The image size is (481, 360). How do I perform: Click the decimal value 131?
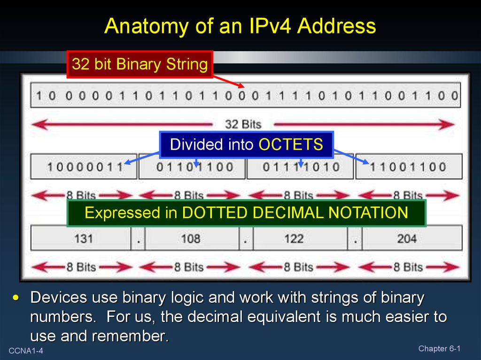coord(84,238)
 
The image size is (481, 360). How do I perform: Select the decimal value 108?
coord(191,238)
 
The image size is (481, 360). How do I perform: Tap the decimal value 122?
coord(294,238)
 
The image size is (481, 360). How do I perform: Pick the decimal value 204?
coord(407,238)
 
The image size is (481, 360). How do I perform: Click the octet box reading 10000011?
coord(84,167)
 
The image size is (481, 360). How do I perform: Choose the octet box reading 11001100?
coord(409,167)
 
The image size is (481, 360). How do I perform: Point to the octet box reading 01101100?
coord(192,167)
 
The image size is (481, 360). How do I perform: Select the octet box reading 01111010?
coord(300,167)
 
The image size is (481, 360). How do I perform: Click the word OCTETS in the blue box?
coord(291,145)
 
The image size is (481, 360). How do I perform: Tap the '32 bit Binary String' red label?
coord(140,64)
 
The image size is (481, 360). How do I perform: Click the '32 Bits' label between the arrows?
coord(243,124)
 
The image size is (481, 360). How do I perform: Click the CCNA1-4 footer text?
coord(26,351)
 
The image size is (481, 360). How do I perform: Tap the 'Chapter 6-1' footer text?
coord(439,349)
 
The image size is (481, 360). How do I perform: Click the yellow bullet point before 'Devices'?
coord(16,298)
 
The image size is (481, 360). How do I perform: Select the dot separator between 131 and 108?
coord(139,242)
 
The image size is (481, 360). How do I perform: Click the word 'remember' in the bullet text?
coord(129,336)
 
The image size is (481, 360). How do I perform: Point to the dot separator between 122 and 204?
coord(355,242)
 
